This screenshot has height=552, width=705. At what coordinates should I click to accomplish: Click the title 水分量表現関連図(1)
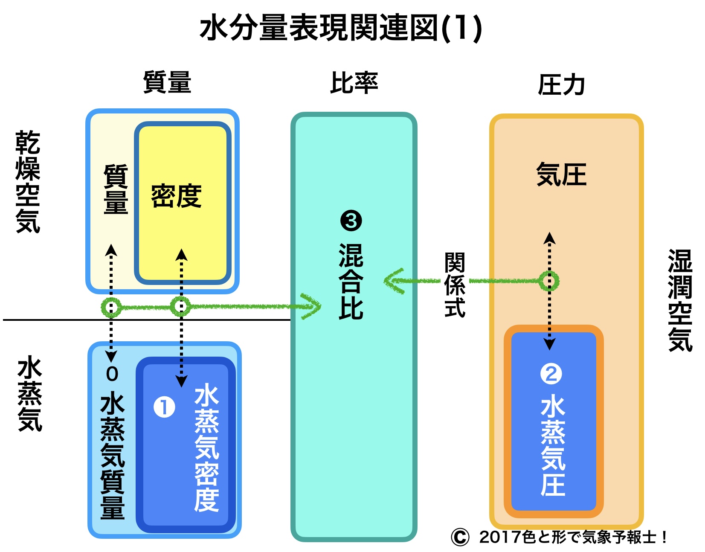tap(341, 28)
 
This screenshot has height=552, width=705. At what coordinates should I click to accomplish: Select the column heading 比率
tap(354, 83)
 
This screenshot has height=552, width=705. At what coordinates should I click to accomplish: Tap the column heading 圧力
tap(561, 85)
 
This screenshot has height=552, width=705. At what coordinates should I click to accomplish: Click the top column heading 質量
tap(167, 82)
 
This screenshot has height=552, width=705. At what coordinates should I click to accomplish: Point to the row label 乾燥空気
tap(28, 182)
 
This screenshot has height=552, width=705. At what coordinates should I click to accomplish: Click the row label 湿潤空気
tap(680, 300)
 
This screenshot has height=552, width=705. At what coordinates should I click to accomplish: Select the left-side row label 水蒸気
tap(30, 395)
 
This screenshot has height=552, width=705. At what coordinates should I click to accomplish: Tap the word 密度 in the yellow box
tap(176, 196)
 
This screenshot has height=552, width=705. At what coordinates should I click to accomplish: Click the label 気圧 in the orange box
tap(561, 174)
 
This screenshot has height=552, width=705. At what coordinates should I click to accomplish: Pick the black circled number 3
tap(351, 221)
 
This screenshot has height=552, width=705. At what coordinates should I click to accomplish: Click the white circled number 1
tap(164, 407)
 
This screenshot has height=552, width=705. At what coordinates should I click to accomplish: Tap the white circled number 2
tap(551, 374)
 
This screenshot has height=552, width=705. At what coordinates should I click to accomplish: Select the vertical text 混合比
tap(351, 282)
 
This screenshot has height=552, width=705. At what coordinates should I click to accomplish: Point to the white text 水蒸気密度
tap(206, 448)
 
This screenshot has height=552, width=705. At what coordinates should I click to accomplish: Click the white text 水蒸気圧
tap(553, 446)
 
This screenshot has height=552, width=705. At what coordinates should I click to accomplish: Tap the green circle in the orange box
tap(549, 281)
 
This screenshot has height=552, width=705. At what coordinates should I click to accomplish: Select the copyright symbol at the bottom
tap(460, 537)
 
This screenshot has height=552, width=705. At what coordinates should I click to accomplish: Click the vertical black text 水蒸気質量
tap(113, 456)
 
